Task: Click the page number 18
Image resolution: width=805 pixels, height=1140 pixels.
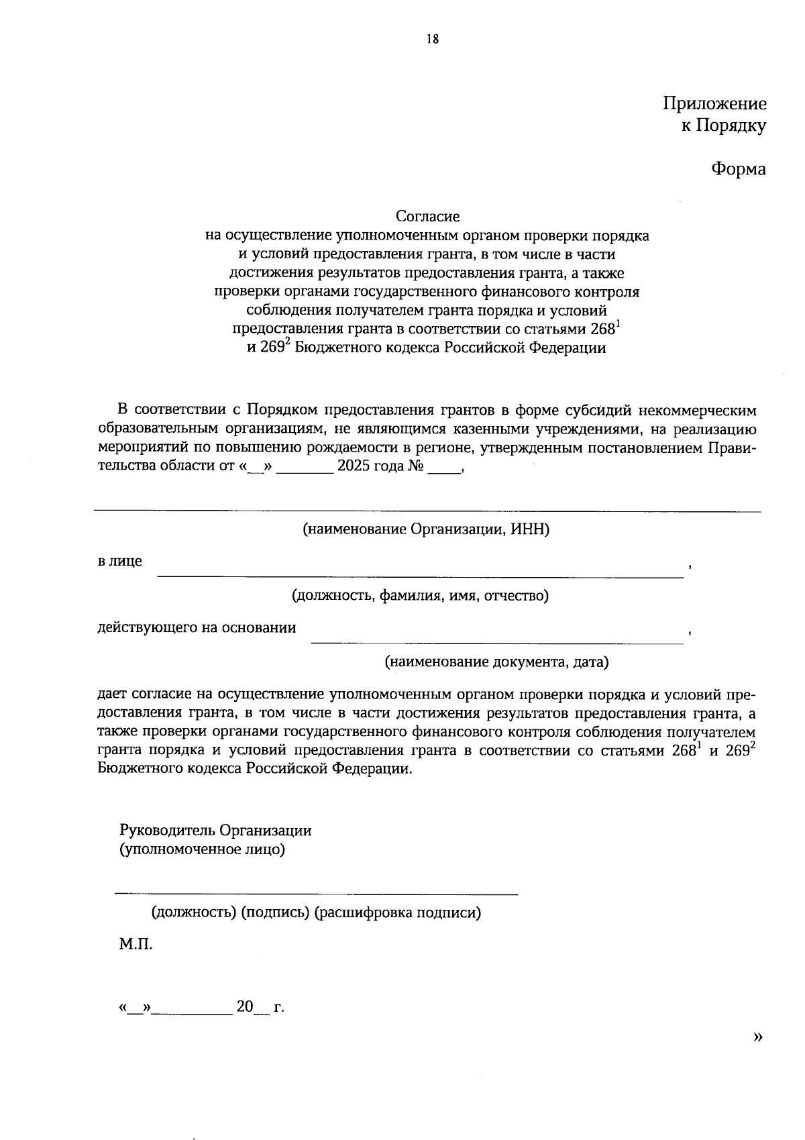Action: point(432,39)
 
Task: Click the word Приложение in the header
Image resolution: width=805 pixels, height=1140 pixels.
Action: point(714,103)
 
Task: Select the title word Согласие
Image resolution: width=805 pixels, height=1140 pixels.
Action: point(427,216)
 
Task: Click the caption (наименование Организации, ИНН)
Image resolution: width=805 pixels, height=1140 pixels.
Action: point(426,529)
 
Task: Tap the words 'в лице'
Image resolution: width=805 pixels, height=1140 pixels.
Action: point(120,561)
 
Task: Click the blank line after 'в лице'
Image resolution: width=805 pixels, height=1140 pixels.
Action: point(420,575)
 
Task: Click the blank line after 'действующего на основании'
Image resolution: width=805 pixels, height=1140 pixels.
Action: point(496,642)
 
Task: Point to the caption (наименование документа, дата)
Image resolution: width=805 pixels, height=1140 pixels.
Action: point(496,662)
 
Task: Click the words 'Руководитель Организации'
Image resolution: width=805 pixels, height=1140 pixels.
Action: point(215,830)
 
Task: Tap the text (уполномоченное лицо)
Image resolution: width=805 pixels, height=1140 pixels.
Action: point(202,849)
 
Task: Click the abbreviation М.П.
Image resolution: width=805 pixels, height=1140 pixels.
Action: point(136,945)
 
